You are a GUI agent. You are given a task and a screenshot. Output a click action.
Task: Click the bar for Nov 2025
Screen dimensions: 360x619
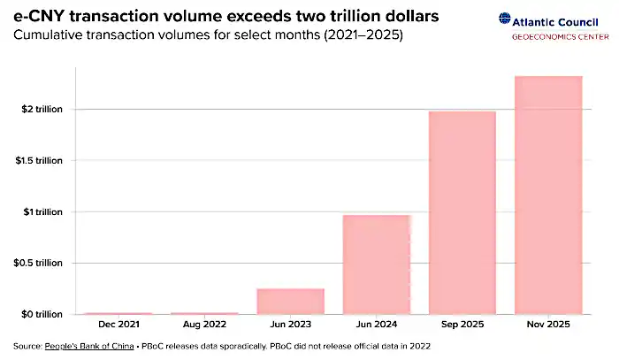tap(549, 195)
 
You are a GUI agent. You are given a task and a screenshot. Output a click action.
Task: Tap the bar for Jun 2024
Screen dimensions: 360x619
tap(377, 264)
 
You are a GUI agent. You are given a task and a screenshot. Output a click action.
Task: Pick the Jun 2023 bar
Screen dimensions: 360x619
tap(290, 301)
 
